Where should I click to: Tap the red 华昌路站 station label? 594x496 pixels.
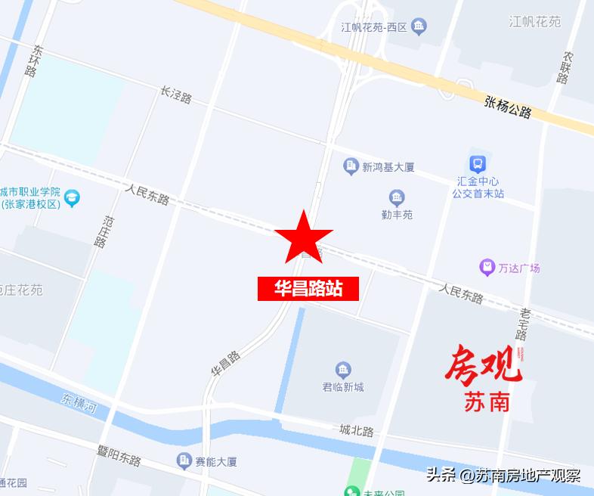(308, 288)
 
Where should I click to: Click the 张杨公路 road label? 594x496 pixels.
(509, 107)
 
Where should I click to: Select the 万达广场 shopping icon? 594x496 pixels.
(487, 268)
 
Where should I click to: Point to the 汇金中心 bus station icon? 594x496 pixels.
(477, 164)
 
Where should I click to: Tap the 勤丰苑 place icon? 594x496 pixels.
(397, 198)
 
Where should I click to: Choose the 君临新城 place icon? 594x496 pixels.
(343, 370)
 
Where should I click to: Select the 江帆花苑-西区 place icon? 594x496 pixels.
(419, 27)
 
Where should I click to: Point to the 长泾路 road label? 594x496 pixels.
(176, 95)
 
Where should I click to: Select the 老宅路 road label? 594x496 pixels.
(524, 324)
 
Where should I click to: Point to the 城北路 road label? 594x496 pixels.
(357, 431)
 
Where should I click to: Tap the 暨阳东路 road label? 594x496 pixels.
(119, 454)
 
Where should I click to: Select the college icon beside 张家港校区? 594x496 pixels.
(72, 198)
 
